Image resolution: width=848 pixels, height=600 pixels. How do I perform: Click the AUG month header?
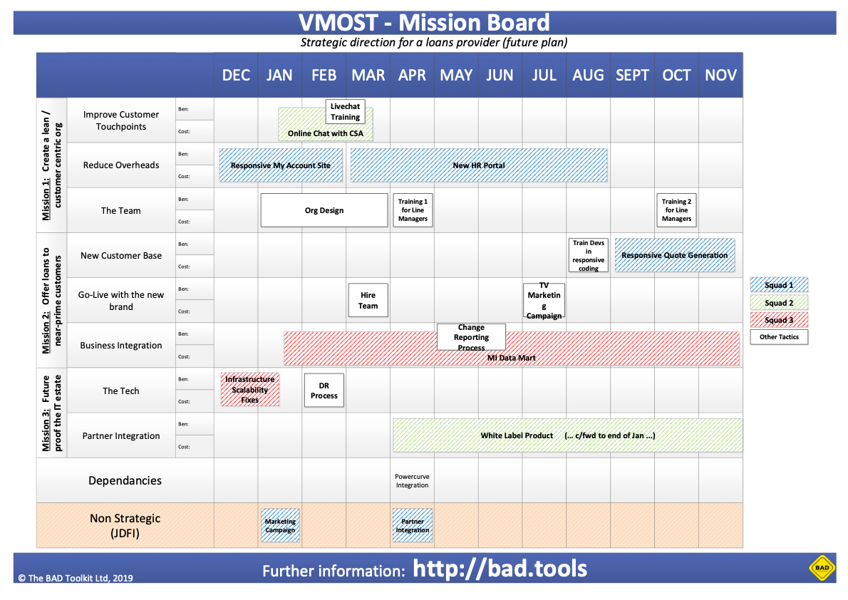click(588, 75)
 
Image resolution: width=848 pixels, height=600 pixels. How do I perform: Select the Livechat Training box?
click(345, 111)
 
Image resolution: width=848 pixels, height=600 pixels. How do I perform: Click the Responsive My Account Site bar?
click(281, 165)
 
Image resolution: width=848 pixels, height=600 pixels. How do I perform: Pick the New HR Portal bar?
click(479, 165)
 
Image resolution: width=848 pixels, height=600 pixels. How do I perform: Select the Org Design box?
click(324, 210)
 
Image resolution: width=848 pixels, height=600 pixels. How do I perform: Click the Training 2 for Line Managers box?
click(676, 210)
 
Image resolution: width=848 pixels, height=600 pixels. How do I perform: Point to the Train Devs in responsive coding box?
click(589, 255)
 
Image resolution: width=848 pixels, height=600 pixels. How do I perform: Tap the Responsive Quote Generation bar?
click(674, 255)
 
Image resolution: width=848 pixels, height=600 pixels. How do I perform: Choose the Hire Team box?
click(368, 300)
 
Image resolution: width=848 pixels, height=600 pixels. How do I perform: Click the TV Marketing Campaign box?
click(544, 300)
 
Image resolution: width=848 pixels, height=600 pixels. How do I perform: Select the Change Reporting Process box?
click(471, 337)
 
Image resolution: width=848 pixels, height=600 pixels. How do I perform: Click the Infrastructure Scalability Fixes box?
click(250, 390)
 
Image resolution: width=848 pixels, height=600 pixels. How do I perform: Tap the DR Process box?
click(324, 390)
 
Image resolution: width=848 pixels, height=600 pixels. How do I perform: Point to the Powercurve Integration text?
click(412, 481)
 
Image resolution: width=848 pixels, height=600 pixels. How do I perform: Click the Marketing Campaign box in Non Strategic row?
click(280, 525)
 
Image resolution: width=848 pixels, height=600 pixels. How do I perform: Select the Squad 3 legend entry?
click(779, 320)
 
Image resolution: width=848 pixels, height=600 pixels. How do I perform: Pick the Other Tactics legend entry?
click(779, 337)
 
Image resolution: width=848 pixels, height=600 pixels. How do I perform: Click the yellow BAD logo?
click(822, 568)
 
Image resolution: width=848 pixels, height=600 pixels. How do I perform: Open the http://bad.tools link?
click(500, 569)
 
